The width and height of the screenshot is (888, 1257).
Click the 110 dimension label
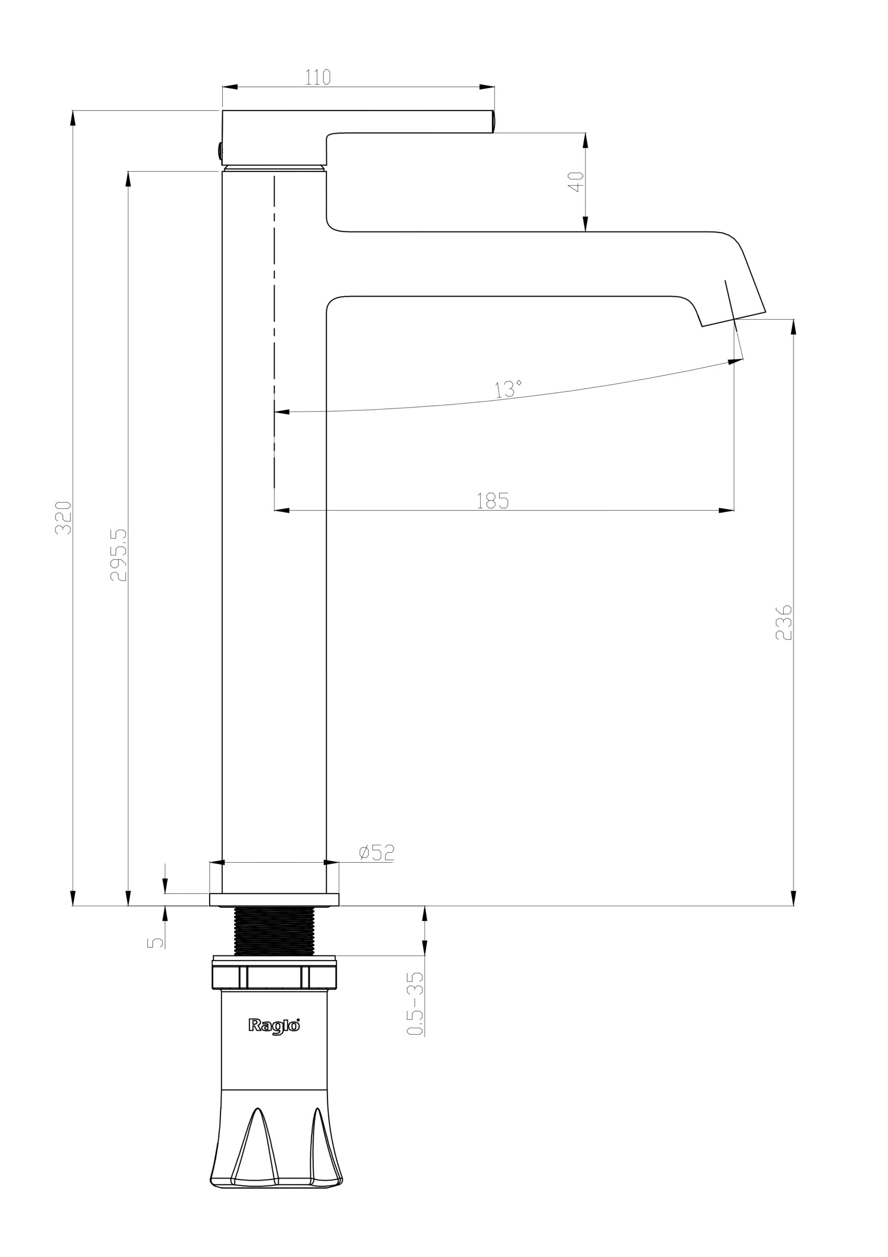[x=318, y=77]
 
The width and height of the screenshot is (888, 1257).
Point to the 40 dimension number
[x=576, y=182]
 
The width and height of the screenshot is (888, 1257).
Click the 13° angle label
[x=508, y=389]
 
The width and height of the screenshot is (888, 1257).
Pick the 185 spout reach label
[x=493, y=500]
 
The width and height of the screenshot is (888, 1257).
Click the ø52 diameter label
[x=377, y=852]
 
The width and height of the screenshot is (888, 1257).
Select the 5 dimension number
[x=156, y=942]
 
